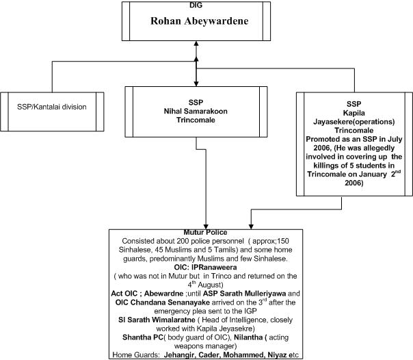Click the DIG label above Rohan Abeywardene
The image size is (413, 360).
(196, 5)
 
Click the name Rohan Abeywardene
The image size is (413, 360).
(200, 21)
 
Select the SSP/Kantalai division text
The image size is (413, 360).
(52, 107)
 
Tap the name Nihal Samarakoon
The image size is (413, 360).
(196, 111)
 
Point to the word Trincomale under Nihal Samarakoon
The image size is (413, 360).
(196, 120)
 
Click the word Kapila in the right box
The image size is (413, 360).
(354, 113)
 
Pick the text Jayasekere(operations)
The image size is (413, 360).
(354, 122)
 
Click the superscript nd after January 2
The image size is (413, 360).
(398, 172)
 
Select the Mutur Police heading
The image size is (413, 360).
(205, 233)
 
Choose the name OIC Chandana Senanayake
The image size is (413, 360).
(163, 303)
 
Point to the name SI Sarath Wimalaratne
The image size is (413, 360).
(157, 320)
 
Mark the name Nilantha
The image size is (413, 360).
(248, 337)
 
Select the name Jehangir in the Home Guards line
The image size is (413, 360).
(180, 355)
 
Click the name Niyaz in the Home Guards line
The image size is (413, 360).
(277, 355)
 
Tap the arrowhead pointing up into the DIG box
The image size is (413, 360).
(196, 44)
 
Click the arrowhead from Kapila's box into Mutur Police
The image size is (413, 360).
(251, 227)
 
